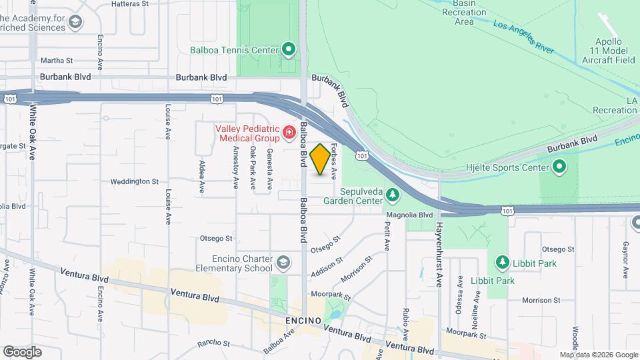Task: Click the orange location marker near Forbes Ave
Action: pos(320,159)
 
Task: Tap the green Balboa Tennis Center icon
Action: pos(289,49)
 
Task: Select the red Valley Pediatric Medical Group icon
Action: pos(289,133)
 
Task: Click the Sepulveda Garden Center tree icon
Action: pos(393,194)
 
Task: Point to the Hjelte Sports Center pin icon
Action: pos(559,166)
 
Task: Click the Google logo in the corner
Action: pos(22,352)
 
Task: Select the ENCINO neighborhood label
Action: pos(303,321)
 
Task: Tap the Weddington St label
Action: pos(134,181)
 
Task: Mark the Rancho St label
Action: pos(213,344)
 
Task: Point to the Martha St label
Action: pos(57,60)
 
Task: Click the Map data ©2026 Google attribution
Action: pos(598,355)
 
